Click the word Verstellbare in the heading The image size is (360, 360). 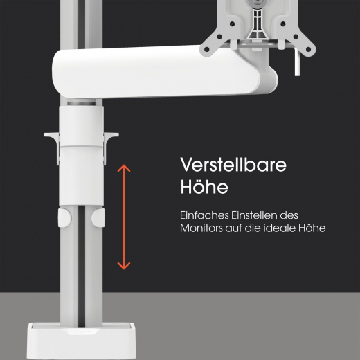[x=233, y=165]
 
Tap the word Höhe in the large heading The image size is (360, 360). [x=204, y=186]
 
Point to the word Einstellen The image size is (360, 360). [x=254, y=215]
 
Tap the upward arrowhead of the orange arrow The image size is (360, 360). [x=124, y=168]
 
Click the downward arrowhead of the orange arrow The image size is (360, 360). [x=124, y=266]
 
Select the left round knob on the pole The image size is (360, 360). [x=64, y=217]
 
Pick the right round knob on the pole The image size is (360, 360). [x=98, y=217]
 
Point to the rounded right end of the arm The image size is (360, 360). [x=269, y=82]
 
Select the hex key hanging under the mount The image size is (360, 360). [x=297, y=62]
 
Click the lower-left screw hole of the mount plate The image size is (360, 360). [x=207, y=49]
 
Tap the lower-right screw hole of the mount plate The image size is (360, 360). [x=308, y=49]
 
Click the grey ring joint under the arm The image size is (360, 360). [x=81, y=104]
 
